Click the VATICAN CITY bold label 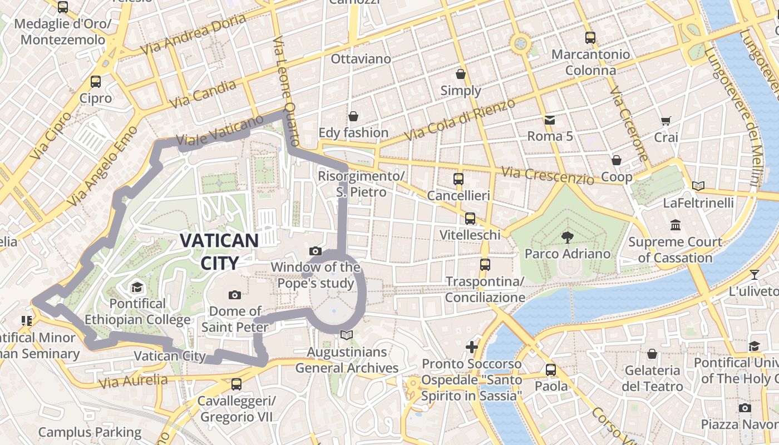[x=219, y=251]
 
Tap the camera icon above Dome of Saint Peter [x=234, y=295]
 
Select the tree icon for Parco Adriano [x=567, y=238]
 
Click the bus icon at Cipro [x=96, y=82]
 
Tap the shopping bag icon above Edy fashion [x=353, y=116]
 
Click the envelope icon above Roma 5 [x=550, y=120]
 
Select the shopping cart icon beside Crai [x=665, y=121]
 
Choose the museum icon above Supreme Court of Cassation [x=676, y=225]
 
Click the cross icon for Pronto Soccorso [x=471, y=348]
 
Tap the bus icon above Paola [x=551, y=370]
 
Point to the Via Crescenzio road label [x=548, y=175]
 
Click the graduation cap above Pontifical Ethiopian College [x=137, y=288]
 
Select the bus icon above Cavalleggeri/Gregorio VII [x=236, y=384]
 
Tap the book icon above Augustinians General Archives [x=347, y=335]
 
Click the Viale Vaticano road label [x=219, y=131]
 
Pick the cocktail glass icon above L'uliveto [x=754, y=274]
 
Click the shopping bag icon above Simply [x=461, y=74]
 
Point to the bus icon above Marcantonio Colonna [x=590, y=38]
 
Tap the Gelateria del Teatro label [x=653, y=378]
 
